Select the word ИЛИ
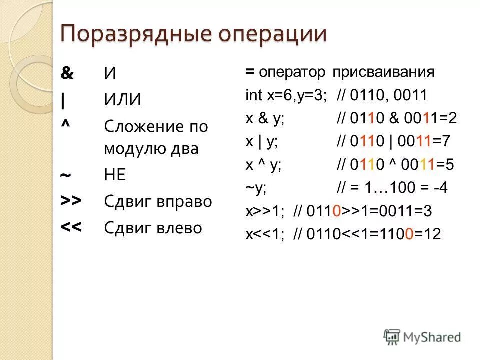(123, 100)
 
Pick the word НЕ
(115, 176)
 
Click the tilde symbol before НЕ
(65, 177)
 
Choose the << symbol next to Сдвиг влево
(71, 228)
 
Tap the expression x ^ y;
(263, 165)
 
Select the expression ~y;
(256, 188)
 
